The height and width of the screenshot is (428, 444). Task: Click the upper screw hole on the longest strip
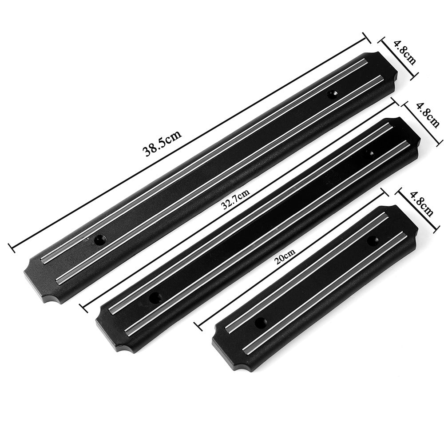click(332, 94)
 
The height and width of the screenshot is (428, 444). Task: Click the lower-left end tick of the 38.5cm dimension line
click(10, 245)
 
